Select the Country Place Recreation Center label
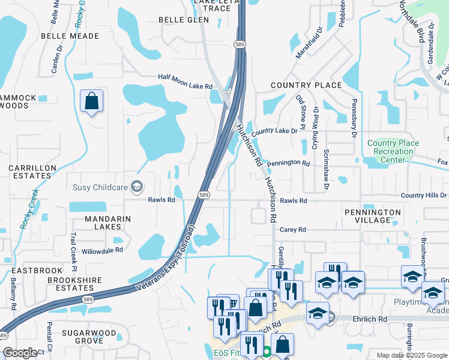click(393, 151)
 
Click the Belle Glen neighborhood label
click(184, 20)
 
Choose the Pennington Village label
click(373, 216)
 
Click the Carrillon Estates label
click(32, 172)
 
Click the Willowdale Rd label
click(102, 250)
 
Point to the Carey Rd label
click(293, 229)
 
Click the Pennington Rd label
click(288, 163)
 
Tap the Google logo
click(19, 353)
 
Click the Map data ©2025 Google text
click(411, 355)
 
